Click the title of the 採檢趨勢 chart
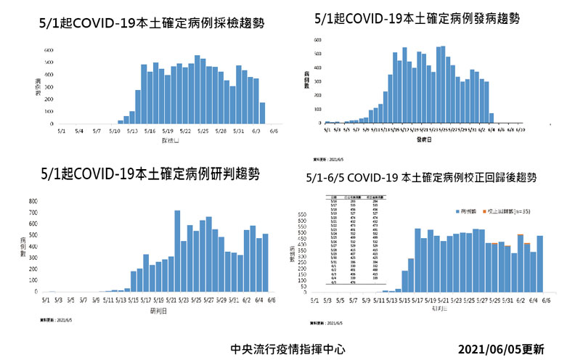point(151,23)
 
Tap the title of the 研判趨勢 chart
point(150,174)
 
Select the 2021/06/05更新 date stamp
point(501,348)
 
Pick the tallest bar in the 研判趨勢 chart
point(177,250)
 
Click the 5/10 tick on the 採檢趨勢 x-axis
point(114,131)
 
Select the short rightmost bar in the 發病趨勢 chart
point(492,118)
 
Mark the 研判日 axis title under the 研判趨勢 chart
point(157,309)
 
